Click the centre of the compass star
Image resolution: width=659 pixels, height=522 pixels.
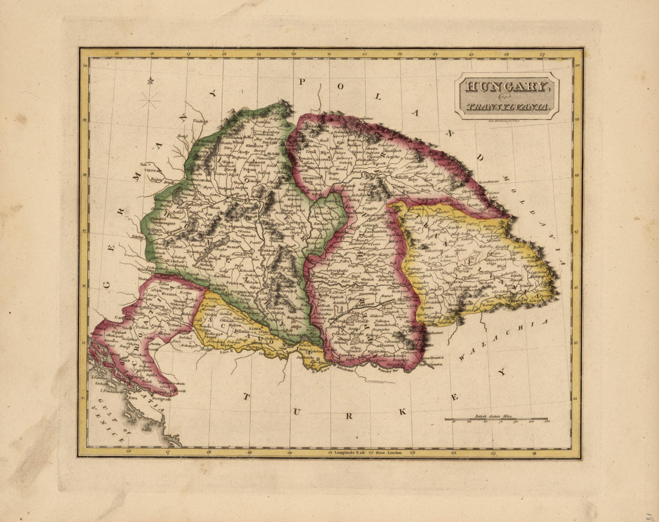(149, 99)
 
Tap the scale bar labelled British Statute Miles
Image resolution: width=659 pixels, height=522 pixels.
(496, 420)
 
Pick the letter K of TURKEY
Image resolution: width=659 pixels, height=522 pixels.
(403, 411)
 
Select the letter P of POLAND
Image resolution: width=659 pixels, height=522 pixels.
(303, 81)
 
